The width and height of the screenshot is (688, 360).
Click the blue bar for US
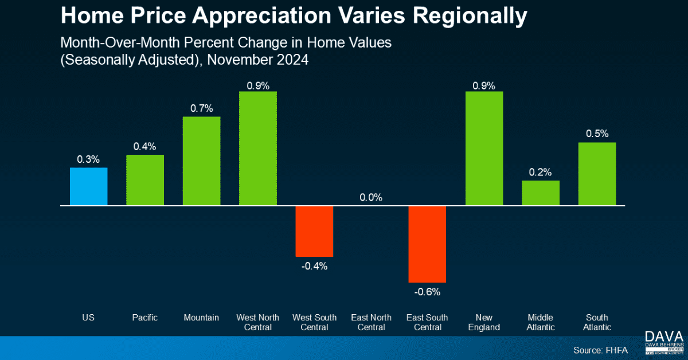pos(88,186)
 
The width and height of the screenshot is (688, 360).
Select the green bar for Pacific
pos(145,180)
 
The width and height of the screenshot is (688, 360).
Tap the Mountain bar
pos(201,161)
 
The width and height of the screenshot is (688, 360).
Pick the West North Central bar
pos(257,148)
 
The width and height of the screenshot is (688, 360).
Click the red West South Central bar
pos(314,230)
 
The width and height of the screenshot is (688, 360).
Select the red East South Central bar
pos(427,244)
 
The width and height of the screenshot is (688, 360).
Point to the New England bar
pos(484,148)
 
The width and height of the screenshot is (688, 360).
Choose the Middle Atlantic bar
pos(540,193)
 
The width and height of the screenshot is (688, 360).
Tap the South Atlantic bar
pos(597,174)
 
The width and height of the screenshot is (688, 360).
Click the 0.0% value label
pos(371,198)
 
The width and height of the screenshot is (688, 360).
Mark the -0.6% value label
pos(427,292)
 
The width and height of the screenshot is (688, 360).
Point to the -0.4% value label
pos(314,266)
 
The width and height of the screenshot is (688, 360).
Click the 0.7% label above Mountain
pos(201,108)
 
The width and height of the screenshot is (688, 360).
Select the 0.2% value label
pos(540,172)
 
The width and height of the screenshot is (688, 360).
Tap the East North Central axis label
pos(371,322)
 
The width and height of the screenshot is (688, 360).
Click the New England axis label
pos(484,322)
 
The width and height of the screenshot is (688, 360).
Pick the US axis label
pos(88,318)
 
